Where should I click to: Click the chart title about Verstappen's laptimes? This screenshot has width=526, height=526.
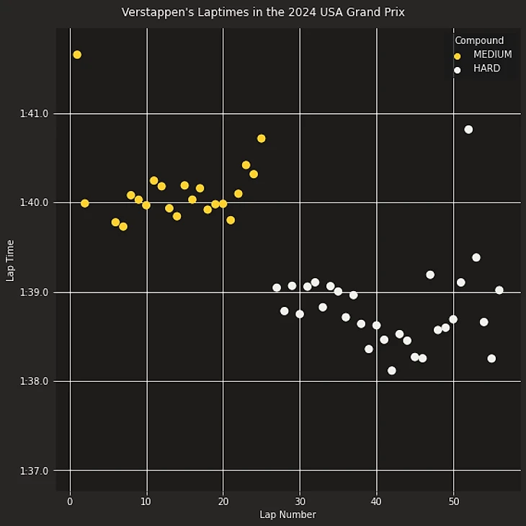point(263,12)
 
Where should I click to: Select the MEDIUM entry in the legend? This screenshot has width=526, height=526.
point(492,55)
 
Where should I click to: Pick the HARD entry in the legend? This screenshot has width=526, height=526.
point(486,69)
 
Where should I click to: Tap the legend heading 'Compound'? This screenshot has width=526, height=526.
point(479,41)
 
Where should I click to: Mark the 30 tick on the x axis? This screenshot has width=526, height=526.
point(300,502)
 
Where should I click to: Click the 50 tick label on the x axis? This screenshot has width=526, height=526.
point(453,502)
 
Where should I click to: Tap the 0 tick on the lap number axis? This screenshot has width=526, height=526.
point(70,502)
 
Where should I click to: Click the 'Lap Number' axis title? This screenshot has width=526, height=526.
point(287,514)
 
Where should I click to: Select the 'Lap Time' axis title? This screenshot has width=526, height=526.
point(10,260)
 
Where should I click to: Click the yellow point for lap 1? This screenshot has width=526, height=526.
point(77,55)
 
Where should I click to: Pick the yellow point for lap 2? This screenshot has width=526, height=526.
point(85,203)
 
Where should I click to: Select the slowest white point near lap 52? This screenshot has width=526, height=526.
point(468,130)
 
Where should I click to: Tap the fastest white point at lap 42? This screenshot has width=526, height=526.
point(392,370)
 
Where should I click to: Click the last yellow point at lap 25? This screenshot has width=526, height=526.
point(262,138)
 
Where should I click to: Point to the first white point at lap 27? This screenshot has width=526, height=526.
point(277,287)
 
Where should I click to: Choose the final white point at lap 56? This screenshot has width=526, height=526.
point(499,290)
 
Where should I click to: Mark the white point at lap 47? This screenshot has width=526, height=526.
point(430,275)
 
